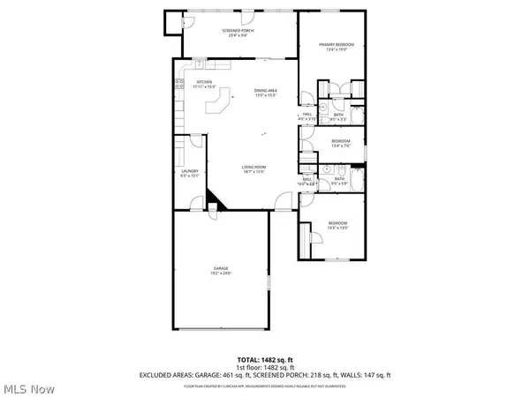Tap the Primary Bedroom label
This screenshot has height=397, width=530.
[332, 47]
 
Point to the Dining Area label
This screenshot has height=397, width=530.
[266, 93]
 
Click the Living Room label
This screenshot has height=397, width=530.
[254, 169]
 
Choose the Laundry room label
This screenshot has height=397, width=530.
[189, 172]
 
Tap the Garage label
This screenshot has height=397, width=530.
[221, 270]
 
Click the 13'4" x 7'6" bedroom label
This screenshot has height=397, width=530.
[341, 143]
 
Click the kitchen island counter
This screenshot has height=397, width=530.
[216, 104]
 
